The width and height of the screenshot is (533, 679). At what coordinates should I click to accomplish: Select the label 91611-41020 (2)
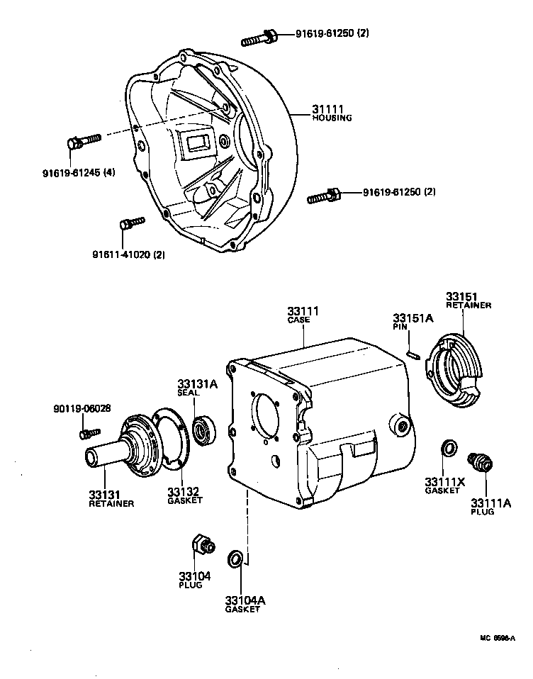[x=128, y=255]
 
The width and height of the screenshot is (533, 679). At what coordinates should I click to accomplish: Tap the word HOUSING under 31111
[x=332, y=118]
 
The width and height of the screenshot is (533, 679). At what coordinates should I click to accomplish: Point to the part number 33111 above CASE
[x=303, y=311]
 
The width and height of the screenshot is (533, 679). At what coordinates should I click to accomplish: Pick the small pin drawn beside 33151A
[x=413, y=352]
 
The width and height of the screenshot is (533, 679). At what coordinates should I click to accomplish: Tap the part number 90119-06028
[x=82, y=408]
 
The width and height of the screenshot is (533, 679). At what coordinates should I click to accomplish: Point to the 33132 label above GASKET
[x=182, y=491]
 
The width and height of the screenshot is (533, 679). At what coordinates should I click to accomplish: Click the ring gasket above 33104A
[x=235, y=560]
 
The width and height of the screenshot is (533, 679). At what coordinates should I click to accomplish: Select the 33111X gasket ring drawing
[x=448, y=448]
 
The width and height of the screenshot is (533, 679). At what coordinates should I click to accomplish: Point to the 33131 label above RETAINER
[x=103, y=494]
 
